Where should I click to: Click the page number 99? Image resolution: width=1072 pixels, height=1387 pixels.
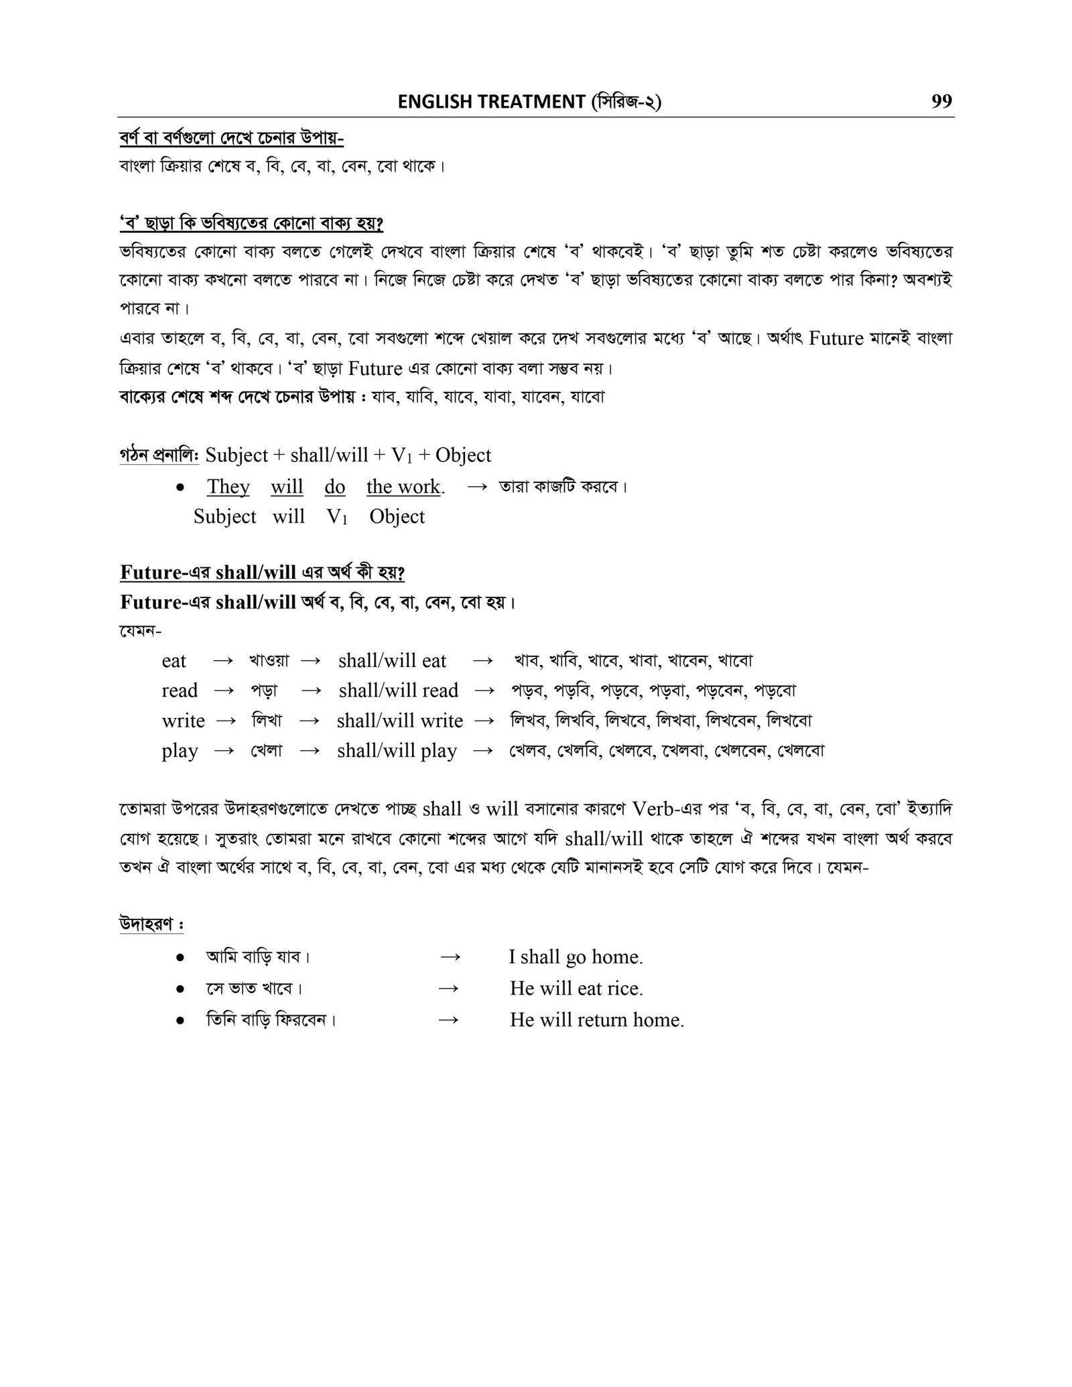941,101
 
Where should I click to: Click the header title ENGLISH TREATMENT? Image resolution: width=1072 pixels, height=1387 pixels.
491,102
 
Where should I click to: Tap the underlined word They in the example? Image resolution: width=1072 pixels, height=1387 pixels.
228,487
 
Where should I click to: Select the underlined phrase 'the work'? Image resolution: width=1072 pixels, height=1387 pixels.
403,487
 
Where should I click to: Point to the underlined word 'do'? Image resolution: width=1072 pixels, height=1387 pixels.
334,487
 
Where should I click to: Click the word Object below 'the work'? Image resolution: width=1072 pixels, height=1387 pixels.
397,516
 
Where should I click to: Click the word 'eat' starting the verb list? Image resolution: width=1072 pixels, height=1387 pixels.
174,661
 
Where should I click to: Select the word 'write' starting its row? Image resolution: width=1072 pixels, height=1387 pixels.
183,721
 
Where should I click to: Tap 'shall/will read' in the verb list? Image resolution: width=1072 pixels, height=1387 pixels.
398,690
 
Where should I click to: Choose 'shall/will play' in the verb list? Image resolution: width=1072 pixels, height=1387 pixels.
397,751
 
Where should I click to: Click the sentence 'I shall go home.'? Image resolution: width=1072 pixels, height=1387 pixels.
576,957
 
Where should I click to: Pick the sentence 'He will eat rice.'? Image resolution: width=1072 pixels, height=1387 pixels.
576,988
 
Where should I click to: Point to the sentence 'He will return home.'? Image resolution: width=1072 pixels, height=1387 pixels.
596,1019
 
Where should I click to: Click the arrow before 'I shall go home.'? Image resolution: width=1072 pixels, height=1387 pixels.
450,957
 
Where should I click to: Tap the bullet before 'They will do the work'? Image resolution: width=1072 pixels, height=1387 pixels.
180,488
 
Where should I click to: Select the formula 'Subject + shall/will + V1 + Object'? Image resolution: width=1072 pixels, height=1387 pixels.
348,455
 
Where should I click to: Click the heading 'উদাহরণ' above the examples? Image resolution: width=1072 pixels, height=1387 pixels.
151,924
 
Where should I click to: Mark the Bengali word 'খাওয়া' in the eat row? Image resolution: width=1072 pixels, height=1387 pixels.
269,661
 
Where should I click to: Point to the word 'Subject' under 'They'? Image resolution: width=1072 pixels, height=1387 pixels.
224,516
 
